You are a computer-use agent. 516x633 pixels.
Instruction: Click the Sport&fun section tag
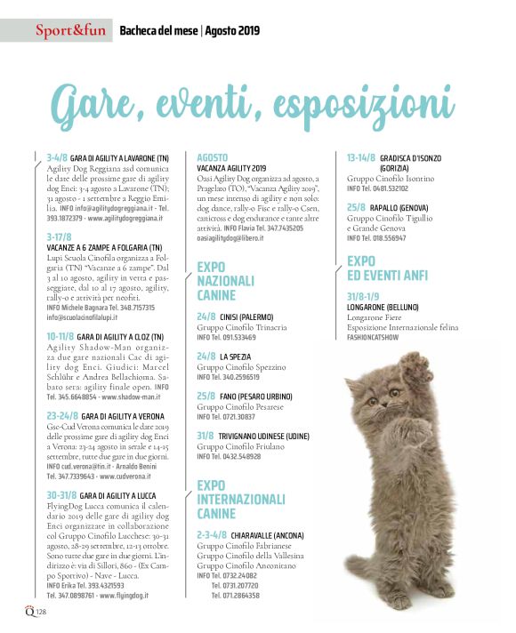pos(70,32)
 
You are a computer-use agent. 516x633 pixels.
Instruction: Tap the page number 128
pos(41,612)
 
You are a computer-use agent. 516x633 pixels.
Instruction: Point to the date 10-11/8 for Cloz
pos(63,337)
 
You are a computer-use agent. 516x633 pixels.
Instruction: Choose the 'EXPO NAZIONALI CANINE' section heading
pos(226,280)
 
